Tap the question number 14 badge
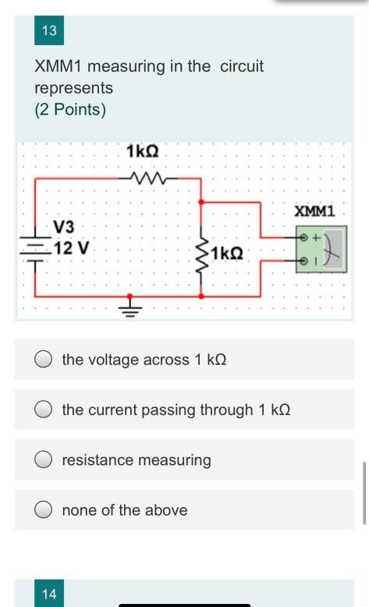[49, 594]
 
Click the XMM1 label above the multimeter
[314, 211]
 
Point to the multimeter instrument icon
[321, 250]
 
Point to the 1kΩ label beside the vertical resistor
[227, 254]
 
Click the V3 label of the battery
[64, 227]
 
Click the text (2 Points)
[70, 109]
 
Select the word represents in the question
[74, 88]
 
